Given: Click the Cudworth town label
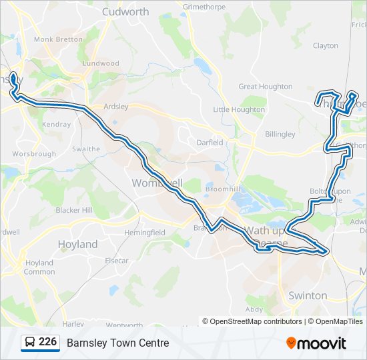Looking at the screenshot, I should click(x=126, y=11).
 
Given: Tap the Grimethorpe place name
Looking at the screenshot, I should click(x=206, y=7).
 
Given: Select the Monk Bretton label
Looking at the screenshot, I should click(x=58, y=39).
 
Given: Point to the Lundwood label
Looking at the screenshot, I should click(x=101, y=64).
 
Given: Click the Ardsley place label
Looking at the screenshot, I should click(x=115, y=106).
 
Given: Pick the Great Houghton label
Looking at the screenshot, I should click(x=266, y=87).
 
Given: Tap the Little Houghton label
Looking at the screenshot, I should click(x=239, y=109).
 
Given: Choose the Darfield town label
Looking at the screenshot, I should click(x=211, y=142).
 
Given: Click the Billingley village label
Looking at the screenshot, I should click(x=280, y=134).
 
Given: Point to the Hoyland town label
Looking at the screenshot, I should click(x=77, y=244).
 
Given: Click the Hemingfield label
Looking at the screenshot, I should click(x=144, y=233).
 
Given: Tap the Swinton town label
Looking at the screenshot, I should click(x=308, y=295).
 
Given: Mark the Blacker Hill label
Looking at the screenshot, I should click(x=74, y=210).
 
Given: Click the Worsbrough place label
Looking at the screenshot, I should click(x=34, y=154).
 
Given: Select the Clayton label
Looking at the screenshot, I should click(x=326, y=46).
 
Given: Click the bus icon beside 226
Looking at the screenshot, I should click(x=31, y=343).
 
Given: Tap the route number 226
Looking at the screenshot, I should click(x=48, y=342).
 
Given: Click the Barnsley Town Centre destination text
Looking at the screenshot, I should click(x=118, y=343).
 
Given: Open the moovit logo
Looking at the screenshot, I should click(x=317, y=343).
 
